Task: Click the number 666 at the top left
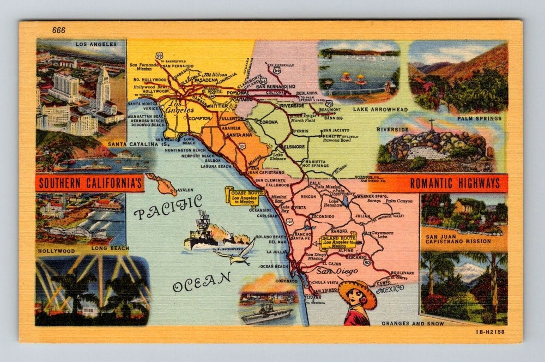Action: pos(59,30)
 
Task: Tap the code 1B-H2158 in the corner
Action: pos(490,331)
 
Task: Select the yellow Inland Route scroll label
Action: pos(338,241)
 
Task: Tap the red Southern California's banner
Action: pos(90,183)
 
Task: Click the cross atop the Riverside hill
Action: pos(432,124)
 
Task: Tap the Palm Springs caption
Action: pos(479,118)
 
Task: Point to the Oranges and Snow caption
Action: pos(413,323)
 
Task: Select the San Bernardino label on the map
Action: pos(275,86)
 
